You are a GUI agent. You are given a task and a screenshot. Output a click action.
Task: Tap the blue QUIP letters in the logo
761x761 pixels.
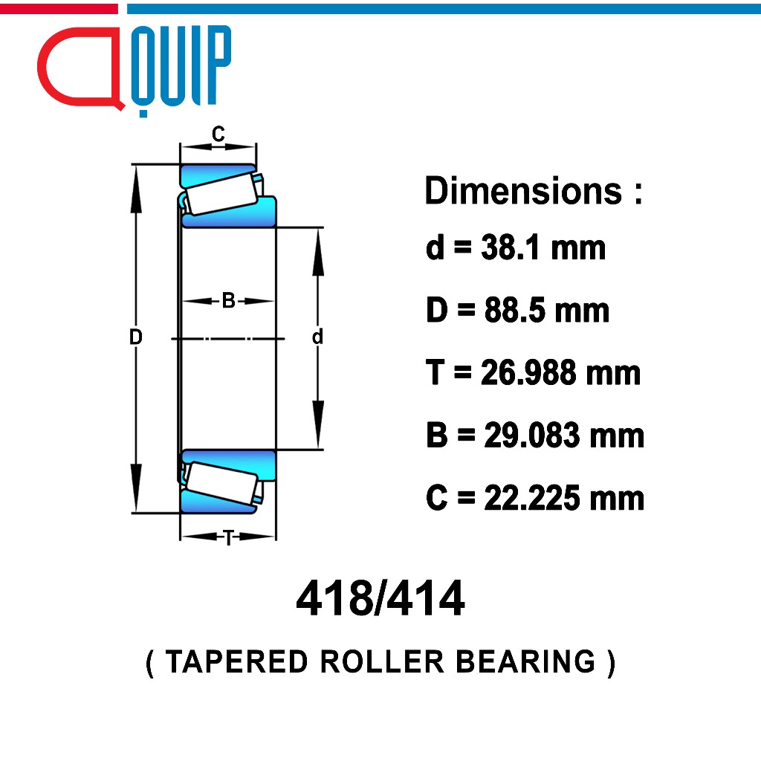pos(181,68)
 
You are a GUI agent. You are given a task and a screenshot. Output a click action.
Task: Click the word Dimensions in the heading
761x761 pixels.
pos(523,191)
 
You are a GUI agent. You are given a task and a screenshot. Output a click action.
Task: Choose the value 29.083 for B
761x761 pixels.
pos(531,435)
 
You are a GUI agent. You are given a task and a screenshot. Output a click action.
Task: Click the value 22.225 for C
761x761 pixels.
pos(531,498)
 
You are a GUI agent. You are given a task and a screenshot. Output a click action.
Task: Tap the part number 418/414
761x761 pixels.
pos(380,598)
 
